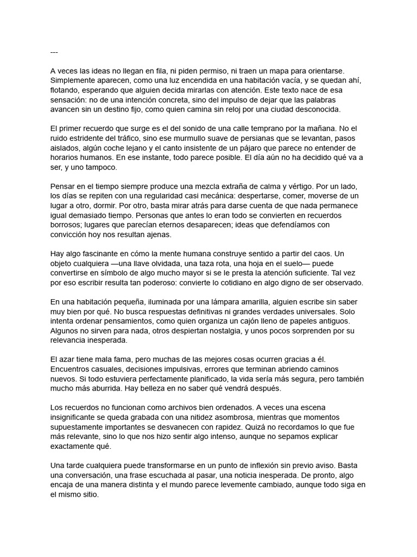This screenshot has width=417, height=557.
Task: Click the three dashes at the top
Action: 54,52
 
